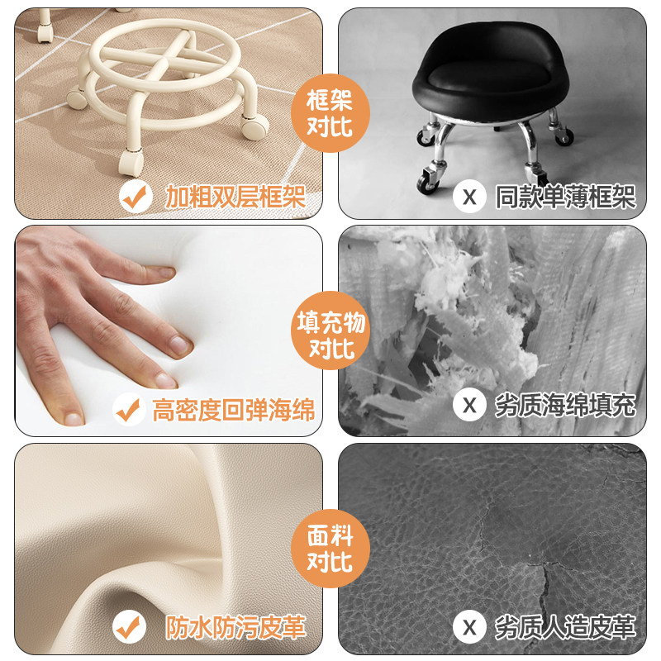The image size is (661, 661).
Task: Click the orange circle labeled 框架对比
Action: click(x=330, y=112)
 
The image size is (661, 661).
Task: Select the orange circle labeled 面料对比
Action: click(x=330, y=549)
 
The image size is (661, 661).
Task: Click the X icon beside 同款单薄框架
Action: click(x=470, y=197)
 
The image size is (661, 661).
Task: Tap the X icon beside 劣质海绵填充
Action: click(x=470, y=405)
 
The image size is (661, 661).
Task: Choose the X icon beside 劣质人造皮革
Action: click(x=470, y=626)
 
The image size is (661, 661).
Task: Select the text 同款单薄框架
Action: click(x=565, y=197)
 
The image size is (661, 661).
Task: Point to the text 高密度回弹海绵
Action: click(x=233, y=407)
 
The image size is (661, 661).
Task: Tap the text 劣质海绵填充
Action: click(x=565, y=406)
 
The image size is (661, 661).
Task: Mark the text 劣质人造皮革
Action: click(x=565, y=627)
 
